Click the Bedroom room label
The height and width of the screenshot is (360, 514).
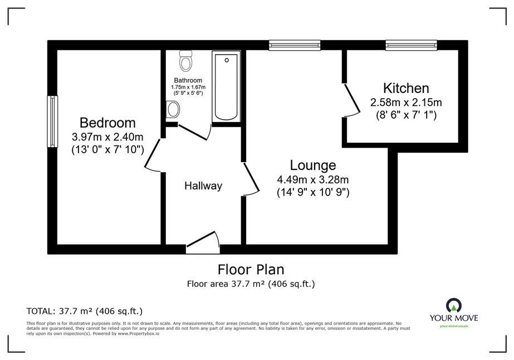[x=107, y=123]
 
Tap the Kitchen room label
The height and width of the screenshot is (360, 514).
[x=406, y=88]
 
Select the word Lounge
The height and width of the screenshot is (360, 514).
[x=313, y=166]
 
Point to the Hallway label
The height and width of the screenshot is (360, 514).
[x=203, y=186]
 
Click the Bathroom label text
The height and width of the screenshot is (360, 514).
[x=188, y=80]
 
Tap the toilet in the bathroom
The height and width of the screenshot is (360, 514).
[x=186, y=61]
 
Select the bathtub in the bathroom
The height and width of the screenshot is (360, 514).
[x=226, y=86]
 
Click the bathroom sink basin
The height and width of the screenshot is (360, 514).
[x=173, y=110]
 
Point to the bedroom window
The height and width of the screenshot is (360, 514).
[x=52, y=121]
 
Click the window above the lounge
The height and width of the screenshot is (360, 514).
[x=295, y=45]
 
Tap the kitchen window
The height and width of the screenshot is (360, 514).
[x=411, y=45]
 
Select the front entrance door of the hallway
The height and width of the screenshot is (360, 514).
[x=203, y=243]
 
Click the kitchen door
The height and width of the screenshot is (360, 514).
[x=351, y=100]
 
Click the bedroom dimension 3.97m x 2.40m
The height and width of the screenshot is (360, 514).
[x=107, y=136]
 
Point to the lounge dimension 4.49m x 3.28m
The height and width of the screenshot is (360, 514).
[x=313, y=179]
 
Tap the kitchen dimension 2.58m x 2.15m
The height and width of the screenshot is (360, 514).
[x=406, y=103]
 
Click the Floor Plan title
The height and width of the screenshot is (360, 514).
[x=251, y=269]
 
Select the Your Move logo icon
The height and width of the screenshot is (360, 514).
[x=454, y=306]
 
